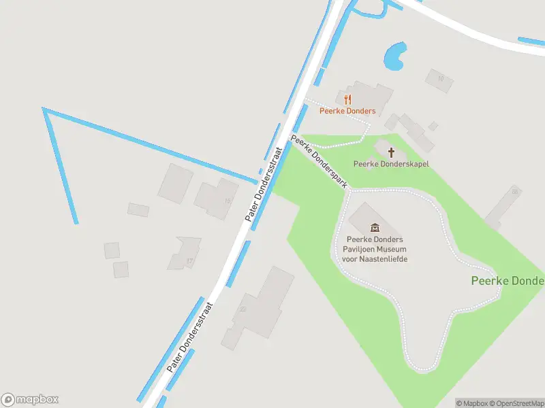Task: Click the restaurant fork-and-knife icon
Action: click(x=347, y=100)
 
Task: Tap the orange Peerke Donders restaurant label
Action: click(x=347, y=111)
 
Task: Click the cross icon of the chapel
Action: click(x=391, y=152)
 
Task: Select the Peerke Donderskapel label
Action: click(x=391, y=164)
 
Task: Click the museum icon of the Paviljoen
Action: click(x=374, y=227)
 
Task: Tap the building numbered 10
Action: click(x=439, y=80)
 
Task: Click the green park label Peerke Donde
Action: click(x=507, y=281)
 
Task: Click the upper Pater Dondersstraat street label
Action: click(x=264, y=185)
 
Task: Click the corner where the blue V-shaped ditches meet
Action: click(x=44, y=109)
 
